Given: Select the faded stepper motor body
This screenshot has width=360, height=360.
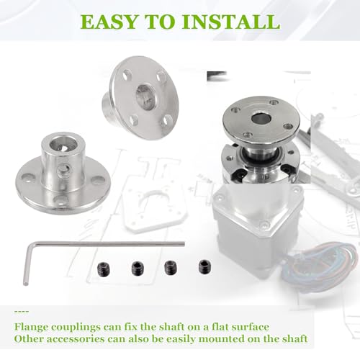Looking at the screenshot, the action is pos(257,230).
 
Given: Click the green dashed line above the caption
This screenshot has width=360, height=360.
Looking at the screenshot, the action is pos(22,312).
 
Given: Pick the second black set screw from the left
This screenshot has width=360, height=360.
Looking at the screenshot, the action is pos(138,268).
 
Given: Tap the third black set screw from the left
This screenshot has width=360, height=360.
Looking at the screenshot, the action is pos(170,267).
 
